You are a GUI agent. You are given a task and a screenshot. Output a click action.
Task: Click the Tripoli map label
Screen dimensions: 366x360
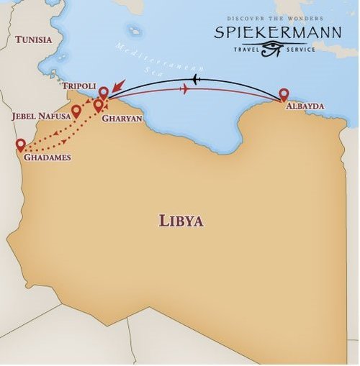[x=78, y=86]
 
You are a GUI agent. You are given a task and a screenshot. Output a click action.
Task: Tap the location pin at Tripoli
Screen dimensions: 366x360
[x=104, y=93]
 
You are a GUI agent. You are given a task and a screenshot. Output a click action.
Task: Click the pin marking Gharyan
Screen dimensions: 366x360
[x=99, y=106]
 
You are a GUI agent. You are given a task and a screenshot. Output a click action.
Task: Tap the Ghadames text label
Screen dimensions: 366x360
[x=47, y=157]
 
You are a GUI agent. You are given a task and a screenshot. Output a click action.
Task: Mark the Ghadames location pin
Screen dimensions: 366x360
[x=20, y=144]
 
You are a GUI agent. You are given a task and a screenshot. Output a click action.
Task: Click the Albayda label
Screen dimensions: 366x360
[x=305, y=106]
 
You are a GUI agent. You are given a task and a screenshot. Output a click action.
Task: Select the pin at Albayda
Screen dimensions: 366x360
[x=283, y=93]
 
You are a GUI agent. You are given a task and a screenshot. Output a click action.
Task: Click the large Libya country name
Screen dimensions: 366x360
[x=181, y=221]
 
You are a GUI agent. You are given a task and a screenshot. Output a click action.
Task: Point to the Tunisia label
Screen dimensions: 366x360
[x=34, y=40]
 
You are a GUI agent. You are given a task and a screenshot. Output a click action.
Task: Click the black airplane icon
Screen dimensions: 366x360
[x=197, y=78]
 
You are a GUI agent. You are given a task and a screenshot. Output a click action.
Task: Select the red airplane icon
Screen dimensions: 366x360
[x=186, y=88]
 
